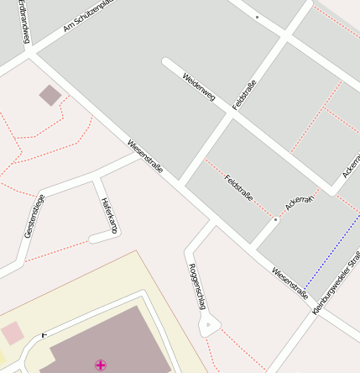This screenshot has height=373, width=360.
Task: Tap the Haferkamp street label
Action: point(107,215)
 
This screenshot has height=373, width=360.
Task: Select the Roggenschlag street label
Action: point(196,286)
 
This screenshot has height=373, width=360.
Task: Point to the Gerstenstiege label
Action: point(34,216)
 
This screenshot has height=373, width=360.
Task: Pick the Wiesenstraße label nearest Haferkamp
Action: point(145,158)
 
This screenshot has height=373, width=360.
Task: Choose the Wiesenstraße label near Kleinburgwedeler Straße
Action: point(290,284)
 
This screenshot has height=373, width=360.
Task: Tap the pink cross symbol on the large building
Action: point(101,364)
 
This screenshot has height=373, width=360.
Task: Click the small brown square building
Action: point(50,96)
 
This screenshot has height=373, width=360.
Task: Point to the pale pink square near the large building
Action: point(12,333)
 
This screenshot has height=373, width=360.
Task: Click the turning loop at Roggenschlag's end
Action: point(208,323)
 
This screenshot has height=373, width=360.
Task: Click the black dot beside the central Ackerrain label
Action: point(275,219)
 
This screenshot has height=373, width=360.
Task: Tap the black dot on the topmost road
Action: point(257,17)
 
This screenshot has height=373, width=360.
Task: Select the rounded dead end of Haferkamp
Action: point(95,239)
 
